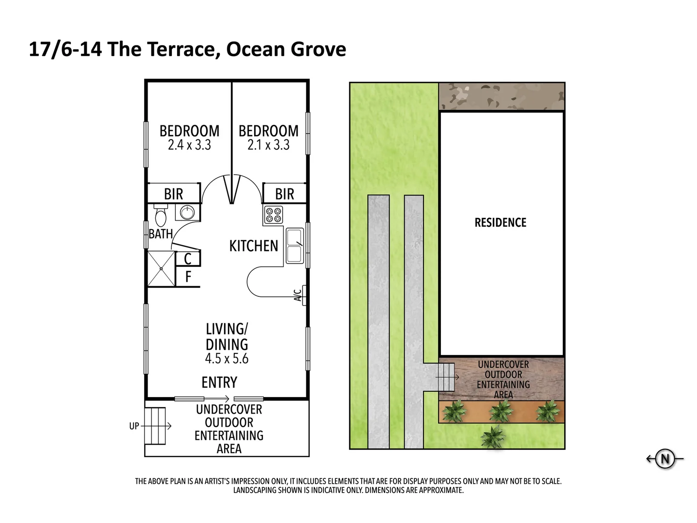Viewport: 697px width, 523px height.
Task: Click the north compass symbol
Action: coord(665,459)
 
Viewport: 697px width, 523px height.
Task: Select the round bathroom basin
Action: coord(187,212)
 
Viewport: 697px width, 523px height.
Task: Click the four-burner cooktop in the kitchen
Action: coord(273,215)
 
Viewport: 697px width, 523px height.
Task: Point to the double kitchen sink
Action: coord(294,246)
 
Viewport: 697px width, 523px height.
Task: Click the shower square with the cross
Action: coord(160,268)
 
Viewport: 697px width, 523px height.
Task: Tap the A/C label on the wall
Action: coord(299,294)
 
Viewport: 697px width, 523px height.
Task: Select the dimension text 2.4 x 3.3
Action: coord(189,145)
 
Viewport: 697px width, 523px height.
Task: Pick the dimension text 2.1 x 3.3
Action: coord(268,145)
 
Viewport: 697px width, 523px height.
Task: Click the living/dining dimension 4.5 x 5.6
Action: coord(227,358)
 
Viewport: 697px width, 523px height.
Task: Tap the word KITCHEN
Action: coord(254,246)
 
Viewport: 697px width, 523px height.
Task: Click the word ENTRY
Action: coord(219,383)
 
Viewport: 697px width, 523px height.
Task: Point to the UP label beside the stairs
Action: coord(134,426)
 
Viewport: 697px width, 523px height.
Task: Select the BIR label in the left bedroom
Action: coord(173,194)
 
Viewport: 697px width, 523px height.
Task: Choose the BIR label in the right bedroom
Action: coord(285,194)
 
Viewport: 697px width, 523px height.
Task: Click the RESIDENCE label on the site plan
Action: coord(500,223)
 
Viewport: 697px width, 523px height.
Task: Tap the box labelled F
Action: coord(188,277)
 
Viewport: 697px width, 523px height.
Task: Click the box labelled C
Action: coord(188,259)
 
